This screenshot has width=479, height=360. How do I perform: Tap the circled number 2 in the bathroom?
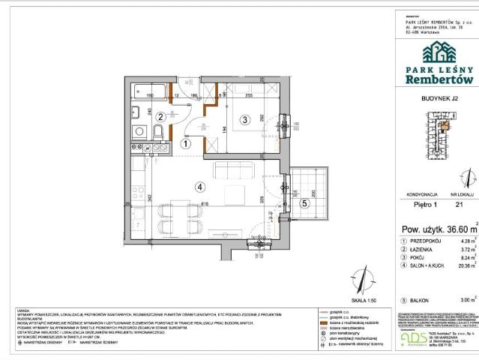tap(160, 115)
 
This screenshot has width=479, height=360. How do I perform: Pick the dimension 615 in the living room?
tap(204, 203)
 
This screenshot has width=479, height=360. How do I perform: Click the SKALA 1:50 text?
tap(336, 298)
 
